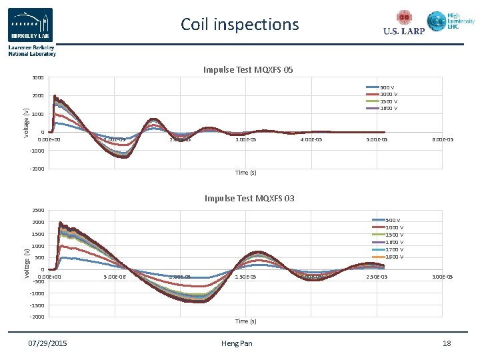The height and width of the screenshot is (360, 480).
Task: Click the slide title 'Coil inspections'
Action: pyautogui.click(x=240, y=25)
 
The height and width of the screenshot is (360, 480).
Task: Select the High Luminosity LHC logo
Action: pyautogui.click(x=451, y=21)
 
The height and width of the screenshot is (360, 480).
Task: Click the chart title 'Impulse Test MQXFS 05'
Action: pyautogui.click(x=249, y=70)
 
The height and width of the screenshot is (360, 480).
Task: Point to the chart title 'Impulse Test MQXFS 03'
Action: pyautogui.click(x=249, y=199)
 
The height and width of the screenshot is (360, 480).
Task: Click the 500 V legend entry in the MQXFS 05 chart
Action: pyautogui.click(x=381, y=87)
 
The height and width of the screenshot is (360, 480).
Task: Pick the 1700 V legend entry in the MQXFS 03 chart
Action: pyautogui.click(x=387, y=249)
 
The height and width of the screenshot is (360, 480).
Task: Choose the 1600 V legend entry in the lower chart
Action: pyautogui.click(x=387, y=242)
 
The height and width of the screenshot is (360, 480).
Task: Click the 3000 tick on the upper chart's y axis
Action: pyautogui.click(x=37, y=78)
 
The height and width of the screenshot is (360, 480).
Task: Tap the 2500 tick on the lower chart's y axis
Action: pyautogui.click(x=37, y=211)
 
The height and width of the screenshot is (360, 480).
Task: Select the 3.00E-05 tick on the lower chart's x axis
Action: pyautogui.click(x=442, y=277)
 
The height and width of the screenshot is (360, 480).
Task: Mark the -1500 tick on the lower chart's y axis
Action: pyautogui.click(x=37, y=305)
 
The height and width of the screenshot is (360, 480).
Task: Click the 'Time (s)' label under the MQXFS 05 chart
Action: pyautogui.click(x=245, y=173)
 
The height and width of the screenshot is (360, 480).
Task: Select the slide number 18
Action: pyautogui.click(x=447, y=343)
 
